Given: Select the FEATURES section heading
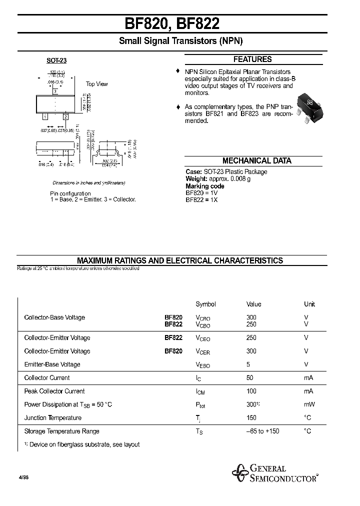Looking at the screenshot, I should coord(252,59).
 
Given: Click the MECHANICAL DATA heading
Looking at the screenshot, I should coord(256,161).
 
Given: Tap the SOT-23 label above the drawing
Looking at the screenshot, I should coord(56,60).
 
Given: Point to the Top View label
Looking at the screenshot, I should coord(96,84).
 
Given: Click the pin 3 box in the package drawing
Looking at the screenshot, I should coord(55,91).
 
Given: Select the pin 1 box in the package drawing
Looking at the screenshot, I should coord(45,116).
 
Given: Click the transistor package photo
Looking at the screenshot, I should coord(306,106).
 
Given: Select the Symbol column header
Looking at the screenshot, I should coord(205,304).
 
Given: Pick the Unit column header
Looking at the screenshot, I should coord(309,304).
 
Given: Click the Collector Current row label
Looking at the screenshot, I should coord(47,378).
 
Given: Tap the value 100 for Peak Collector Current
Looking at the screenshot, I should coord(251,391).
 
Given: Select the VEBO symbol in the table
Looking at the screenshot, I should coord(203,365).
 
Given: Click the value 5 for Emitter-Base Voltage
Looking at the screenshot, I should coord(248,364).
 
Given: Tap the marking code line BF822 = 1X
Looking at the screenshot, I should coord(201,199).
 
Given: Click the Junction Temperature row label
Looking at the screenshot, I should coord(52,418).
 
